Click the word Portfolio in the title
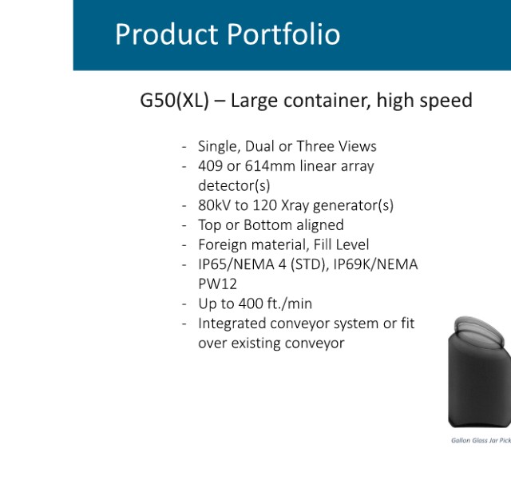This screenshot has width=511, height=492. [283, 34]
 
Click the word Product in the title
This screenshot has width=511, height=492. [167, 34]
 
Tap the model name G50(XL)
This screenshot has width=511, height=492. [174, 100]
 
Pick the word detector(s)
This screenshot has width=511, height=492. [234, 185]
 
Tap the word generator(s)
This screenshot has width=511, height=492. [353, 205]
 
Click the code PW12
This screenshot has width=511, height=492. [217, 284]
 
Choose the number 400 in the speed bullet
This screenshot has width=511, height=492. [251, 304]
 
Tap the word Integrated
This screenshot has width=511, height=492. [232, 323]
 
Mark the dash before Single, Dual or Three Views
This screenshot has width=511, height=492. [184, 147]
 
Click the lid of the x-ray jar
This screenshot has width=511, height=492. [478, 331]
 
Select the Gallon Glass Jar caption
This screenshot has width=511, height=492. [481, 441]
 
